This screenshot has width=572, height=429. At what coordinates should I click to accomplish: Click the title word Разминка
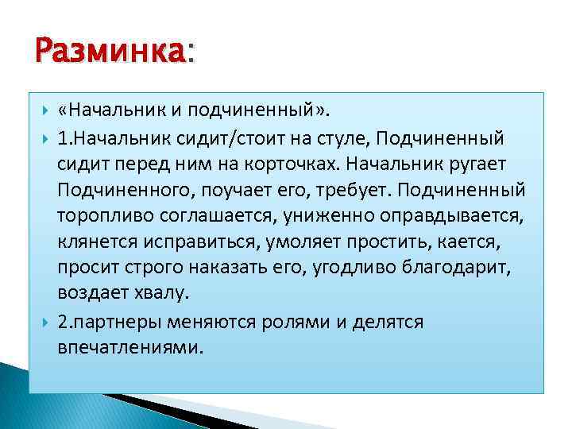pyautogui.click(x=110, y=53)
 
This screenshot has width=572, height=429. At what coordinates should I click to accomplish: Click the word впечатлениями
pyautogui.click(x=129, y=347)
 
